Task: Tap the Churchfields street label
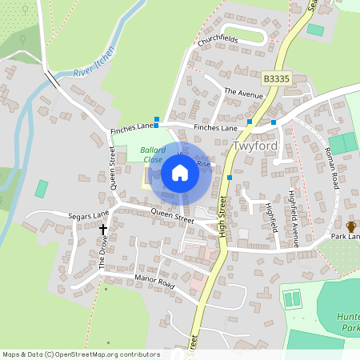point(218,38)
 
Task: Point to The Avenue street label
point(243,93)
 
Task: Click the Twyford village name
point(254,147)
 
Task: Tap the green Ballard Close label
point(152,154)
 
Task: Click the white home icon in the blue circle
point(180,173)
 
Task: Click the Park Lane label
point(346,237)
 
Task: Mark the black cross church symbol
point(103,229)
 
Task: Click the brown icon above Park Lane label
point(350,226)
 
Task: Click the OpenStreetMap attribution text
point(80,354)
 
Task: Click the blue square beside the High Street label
point(230,177)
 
